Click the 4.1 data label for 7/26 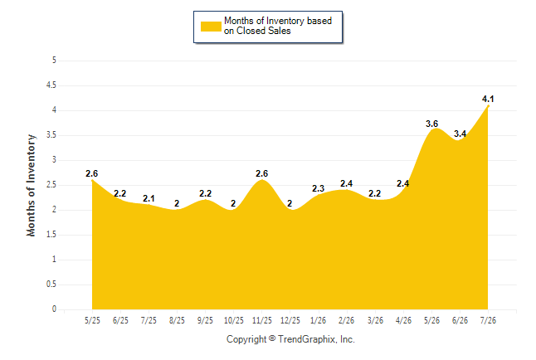(488, 99)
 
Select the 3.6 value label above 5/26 (431, 124)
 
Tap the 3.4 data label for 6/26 (460, 134)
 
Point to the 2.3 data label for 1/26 (318, 188)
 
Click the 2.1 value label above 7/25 (149, 198)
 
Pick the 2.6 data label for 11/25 (262, 173)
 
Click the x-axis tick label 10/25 (234, 320)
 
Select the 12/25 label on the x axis (290, 320)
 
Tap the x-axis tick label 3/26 (375, 320)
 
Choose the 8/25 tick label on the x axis (177, 320)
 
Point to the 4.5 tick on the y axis (51, 85)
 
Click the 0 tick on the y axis (54, 309)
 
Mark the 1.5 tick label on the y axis (51, 235)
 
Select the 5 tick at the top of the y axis (54, 61)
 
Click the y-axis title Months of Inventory (31, 185)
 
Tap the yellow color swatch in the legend (211, 27)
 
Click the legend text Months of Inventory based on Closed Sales (278, 26)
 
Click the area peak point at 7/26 (488, 106)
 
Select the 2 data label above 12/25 (290, 203)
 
